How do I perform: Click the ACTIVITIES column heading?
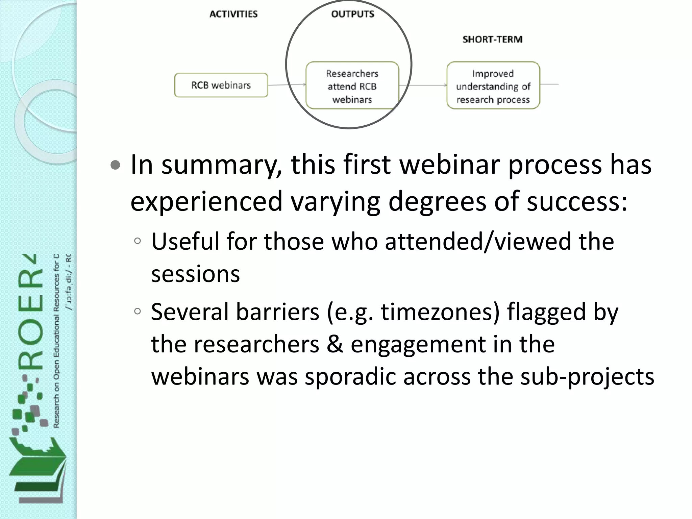(x=233, y=14)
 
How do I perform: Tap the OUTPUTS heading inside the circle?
(x=352, y=14)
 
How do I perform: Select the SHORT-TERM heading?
(x=492, y=40)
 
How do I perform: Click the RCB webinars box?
(x=221, y=85)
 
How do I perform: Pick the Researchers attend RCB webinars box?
(x=352, y=86)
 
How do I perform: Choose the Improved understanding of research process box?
(x=493, y=86)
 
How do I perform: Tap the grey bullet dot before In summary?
(x=116, y=165)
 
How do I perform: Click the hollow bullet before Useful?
(x=137, y=241)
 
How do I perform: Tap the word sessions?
(x=195, y=274)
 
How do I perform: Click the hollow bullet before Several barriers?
(x=137, y=311)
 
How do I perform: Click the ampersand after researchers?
(x=335, y=344)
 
